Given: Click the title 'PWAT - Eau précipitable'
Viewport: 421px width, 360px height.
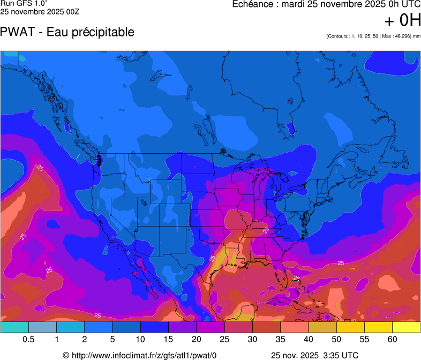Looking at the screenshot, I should coord(67,32).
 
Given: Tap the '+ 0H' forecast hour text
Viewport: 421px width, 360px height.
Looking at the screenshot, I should coord(403,20).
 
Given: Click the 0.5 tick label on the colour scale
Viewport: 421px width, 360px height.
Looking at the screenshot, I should coord(29,340).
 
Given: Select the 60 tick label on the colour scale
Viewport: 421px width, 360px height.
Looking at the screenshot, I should coord(393,340).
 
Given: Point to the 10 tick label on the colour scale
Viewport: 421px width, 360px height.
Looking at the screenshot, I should coord(141,340).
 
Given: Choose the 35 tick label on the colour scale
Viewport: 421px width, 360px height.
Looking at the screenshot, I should coord(281,340).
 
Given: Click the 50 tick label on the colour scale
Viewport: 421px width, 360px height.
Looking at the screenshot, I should coord(337,340).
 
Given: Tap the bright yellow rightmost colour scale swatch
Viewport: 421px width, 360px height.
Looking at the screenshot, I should coord(407,327).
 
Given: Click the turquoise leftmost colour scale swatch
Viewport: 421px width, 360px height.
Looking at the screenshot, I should coord(14,327).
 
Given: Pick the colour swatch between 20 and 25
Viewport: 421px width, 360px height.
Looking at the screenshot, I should coord(210,327).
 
